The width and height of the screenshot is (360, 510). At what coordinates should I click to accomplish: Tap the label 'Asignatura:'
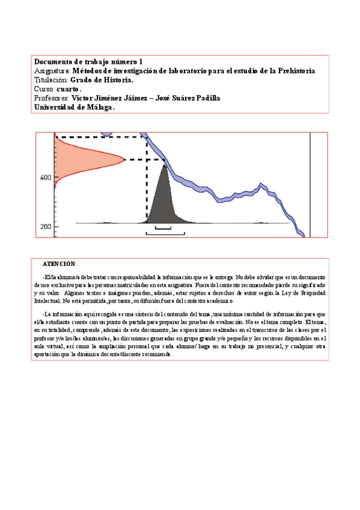click(52, 71)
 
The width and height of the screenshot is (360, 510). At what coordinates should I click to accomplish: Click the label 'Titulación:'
click(51, 80)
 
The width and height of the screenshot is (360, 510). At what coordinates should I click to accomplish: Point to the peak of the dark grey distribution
click(164, 165)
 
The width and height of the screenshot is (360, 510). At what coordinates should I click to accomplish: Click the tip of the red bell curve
click(124, 159)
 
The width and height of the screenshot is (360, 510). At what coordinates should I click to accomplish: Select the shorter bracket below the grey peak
click(163, 228)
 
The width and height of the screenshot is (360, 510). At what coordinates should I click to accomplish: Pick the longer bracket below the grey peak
click(165, 233)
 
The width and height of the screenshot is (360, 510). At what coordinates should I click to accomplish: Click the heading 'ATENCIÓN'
click(59, 264)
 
